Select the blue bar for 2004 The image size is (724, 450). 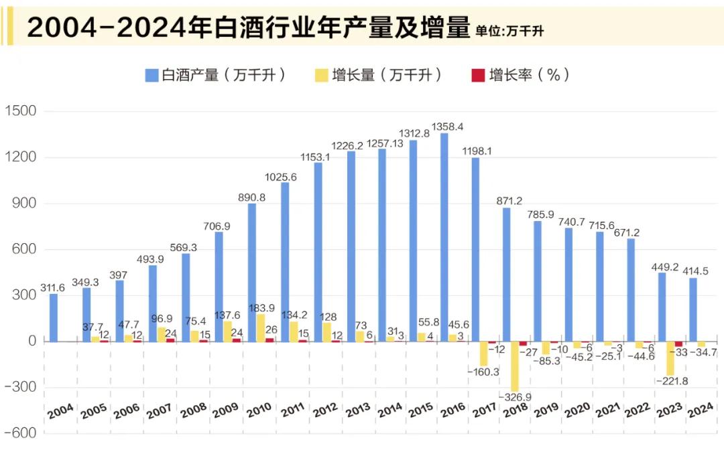pyautogui.click(x=54, y=317)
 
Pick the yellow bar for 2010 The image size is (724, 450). pyautogui.click(x=260, y=327)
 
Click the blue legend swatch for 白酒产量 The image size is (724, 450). pyautogui.click(x=152, y=75)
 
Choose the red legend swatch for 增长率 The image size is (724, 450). pyautogui.click(x=478, y=75)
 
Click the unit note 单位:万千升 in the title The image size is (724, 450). pyautogui.click(x=509, y=31)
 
